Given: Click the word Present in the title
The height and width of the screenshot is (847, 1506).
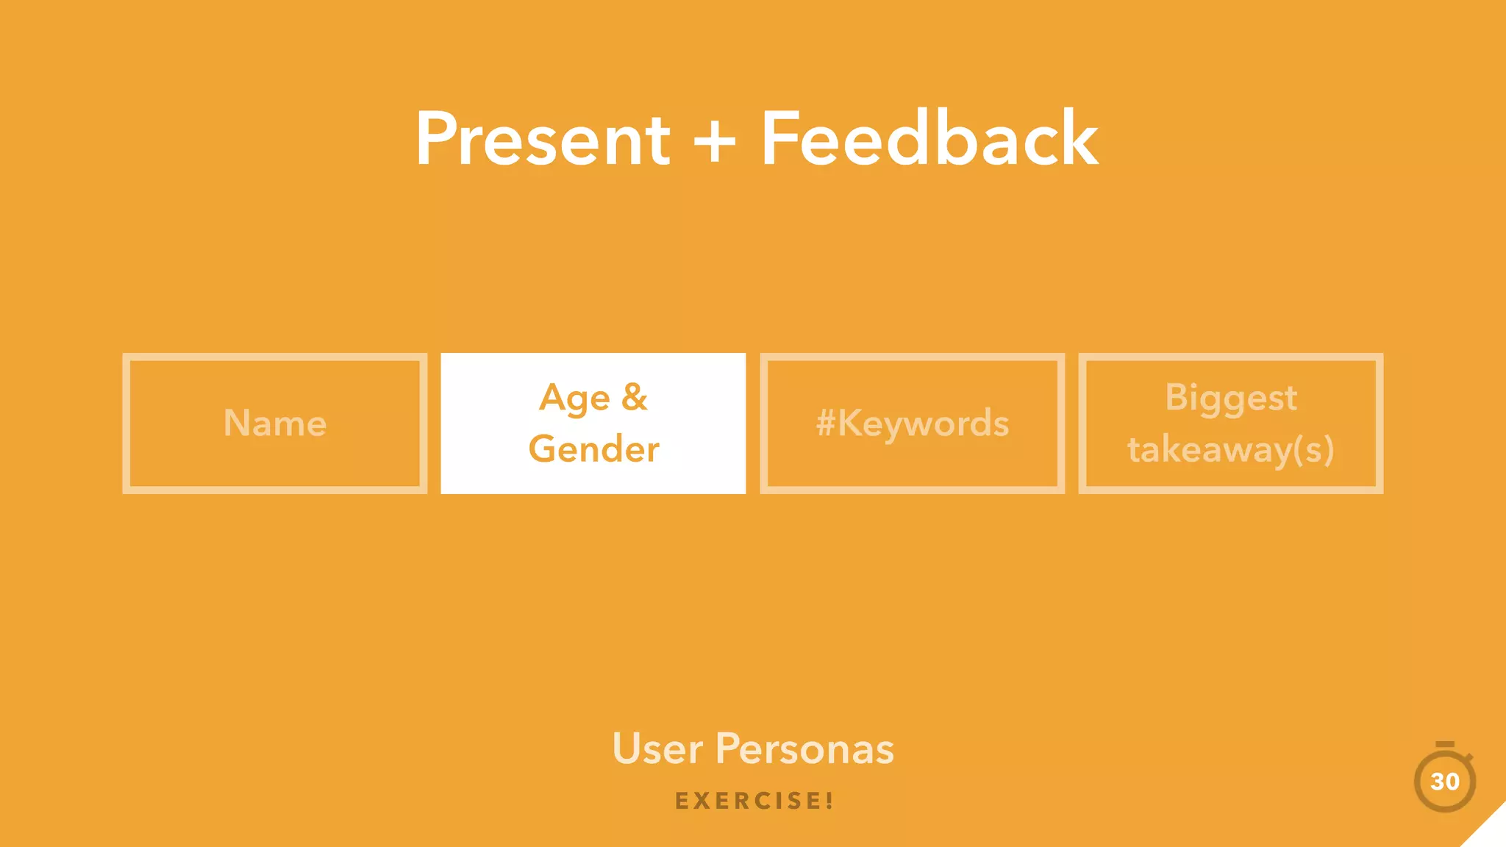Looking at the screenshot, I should [x=543, y=140].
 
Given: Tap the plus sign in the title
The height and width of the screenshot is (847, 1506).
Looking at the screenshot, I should [x=714, y=141].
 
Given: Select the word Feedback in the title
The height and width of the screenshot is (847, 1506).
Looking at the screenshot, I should [x=929, y=140].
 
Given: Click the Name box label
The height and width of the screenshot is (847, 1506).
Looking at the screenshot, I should [x=275, y=423].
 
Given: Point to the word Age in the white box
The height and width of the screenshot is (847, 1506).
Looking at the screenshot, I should [x=574, y=399].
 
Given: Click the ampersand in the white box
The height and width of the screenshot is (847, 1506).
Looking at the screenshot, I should [x=634, y=397].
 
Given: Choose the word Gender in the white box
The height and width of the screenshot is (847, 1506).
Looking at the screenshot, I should [x=593, y=449].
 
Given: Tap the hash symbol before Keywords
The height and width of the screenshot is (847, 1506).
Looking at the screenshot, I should [x=826, y=423].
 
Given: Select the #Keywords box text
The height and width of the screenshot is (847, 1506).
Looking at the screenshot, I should [x=913, y=423].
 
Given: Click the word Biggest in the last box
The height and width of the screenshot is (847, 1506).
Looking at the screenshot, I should [x=1231, y=399].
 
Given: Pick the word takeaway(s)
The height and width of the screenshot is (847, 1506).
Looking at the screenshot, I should [x=1231, y=450].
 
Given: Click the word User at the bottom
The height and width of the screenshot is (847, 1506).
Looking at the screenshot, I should [x=657, y=749].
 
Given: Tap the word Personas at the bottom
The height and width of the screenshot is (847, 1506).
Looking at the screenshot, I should [x=804, y=749].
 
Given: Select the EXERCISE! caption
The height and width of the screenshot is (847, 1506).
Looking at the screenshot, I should [x=754, y=801].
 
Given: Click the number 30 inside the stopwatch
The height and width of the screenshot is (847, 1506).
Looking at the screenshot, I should [x=1445, y=782].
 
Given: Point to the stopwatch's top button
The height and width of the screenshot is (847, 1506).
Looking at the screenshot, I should [x=1445, y=745].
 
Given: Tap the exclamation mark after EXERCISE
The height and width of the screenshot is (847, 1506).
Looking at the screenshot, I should [x=829, y=801].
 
